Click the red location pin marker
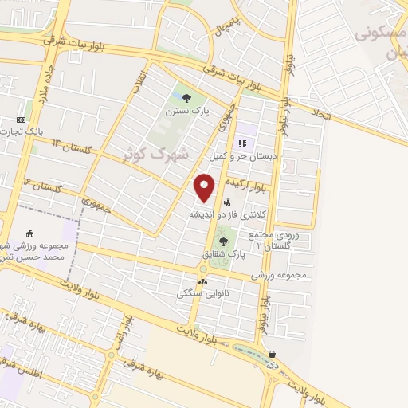coord(206,186)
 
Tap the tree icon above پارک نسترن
coord(186,99)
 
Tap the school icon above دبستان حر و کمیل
coord(241,144)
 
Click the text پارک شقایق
coord(222,253)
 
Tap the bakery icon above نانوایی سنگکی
coord(202,280)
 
